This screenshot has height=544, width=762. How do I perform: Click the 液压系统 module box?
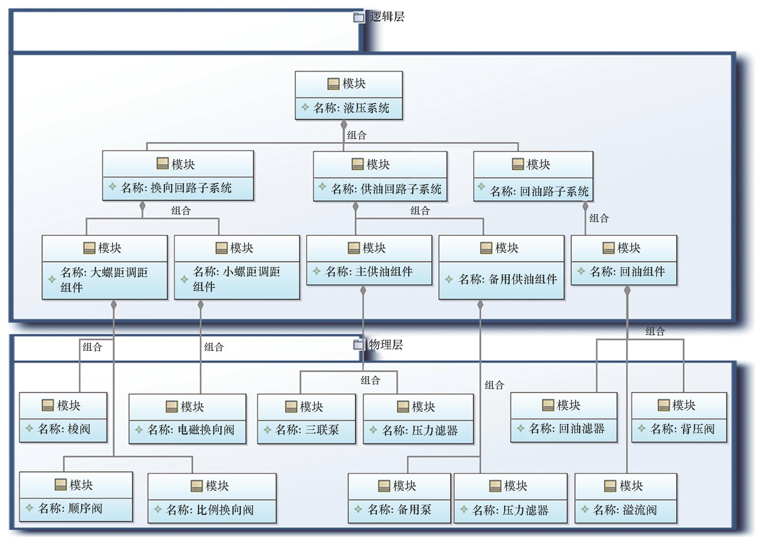pyautogui.click(x=349, y=96)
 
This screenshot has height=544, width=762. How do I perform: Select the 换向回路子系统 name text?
pyautogui.click(x=176, y=188)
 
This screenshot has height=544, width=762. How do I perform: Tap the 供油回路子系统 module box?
pyautogui.click(x=380, y=176)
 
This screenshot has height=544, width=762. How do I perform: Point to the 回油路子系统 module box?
pyautogui.click(x=533, y=176)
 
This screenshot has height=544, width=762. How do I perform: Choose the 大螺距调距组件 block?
pyautogui.click(x=105, y=267)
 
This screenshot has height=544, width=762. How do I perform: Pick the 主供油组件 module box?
pyautogui.click(x=369, y=260)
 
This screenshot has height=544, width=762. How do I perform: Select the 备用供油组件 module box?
pyautogui.click(x=501, y=267)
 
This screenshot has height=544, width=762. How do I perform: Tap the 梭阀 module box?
pyautogui.click(x=63, y=417)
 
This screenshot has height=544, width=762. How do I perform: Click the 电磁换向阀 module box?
pyautogui.click(x=187, y=419)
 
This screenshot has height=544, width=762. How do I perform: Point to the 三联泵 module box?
pyautogui.click(x=306, y=419)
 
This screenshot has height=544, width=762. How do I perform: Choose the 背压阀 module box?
pyautogui.click(x=679, y=417)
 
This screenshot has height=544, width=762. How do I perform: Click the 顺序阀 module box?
pyautogui.click(x=76, y=497)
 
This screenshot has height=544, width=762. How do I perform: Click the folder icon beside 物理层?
pyautogui.click(x=359, y=344)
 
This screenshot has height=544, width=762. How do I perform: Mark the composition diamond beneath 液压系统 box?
pyautogui.click(x=343, y=125)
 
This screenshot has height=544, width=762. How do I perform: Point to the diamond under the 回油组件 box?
pyautogui.click(x=627, y=290)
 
